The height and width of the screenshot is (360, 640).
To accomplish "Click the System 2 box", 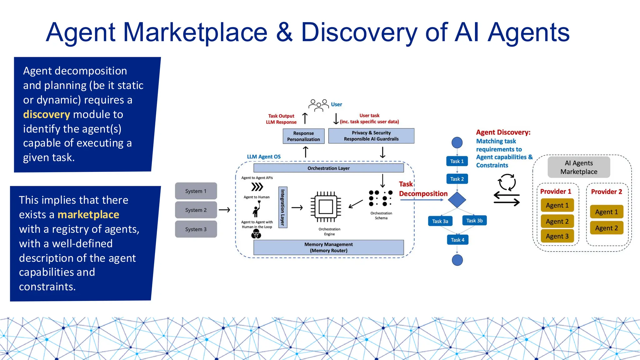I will click(196, 210).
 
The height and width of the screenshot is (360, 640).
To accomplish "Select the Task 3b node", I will click(474, 221).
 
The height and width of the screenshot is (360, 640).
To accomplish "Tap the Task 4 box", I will click(457, 240).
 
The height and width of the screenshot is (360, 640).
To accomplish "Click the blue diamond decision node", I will click(457, 200).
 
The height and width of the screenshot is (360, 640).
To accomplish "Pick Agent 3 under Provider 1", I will click(557, 236).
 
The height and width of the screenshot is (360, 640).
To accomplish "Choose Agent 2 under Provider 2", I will click(607, 228).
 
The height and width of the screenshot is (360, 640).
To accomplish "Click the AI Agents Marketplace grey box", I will click(579, 167).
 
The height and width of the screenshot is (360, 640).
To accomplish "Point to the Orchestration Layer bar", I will click(328, 168).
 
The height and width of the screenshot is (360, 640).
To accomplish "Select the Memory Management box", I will click(328, 247).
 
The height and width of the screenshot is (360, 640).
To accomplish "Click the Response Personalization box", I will click(303, 136).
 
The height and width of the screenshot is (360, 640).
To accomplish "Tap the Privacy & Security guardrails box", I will click(371, 136).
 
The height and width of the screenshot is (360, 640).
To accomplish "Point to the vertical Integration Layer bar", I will click(283, 207).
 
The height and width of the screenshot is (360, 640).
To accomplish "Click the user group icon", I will click(318, 105).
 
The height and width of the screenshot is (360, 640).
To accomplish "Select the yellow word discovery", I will click(46, 114).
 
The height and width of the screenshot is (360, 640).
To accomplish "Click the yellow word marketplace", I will click(88, 215).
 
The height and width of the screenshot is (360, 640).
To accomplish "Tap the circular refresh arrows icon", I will click(507, 182).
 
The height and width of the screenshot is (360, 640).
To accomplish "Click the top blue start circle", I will click(457, 143).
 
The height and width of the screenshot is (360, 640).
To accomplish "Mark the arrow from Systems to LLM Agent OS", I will click(224, 210).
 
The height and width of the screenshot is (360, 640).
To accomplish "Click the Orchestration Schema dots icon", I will click(381, 198).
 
